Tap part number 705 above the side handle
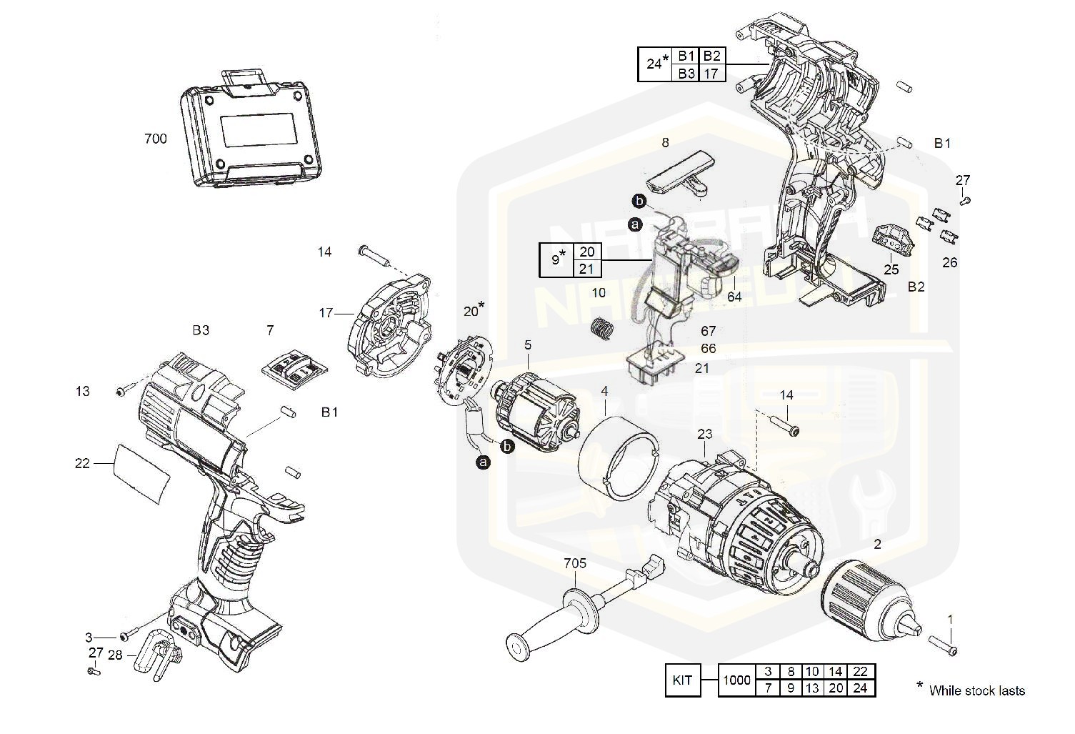coord(574,563)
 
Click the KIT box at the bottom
coord(682,680)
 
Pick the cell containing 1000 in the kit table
coord(736,680)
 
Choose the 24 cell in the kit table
coord(860,688)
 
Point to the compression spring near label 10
coord(604,329)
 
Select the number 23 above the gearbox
coord(705,433)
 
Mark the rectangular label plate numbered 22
coord(142,472)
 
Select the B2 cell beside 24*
coord(711,56)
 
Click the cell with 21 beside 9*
coord(587,268)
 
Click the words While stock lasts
coord(976,690)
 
